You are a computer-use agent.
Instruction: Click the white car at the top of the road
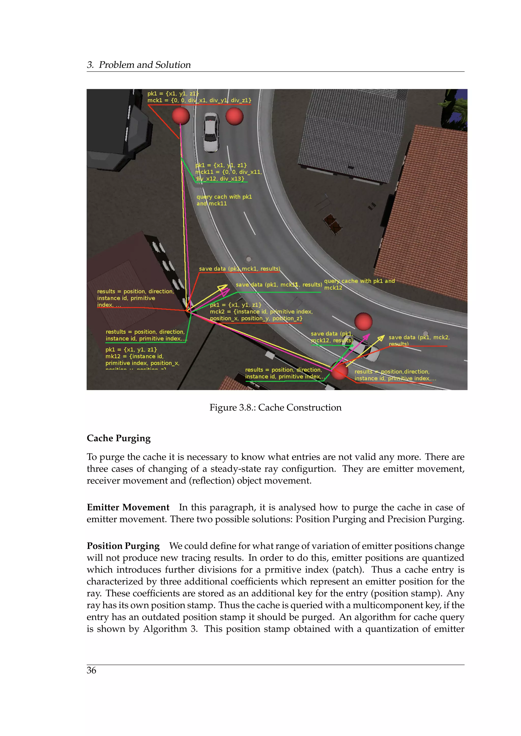click(x=211, y=132)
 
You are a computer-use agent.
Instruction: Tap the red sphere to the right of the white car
click(x=235, y=116)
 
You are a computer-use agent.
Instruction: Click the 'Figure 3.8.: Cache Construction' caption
click(x=275, y=407)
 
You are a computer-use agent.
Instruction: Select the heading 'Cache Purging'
click(x=118, y=438)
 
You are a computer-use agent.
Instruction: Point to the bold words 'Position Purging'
click(x=123, y=546)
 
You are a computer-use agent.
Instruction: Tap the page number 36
click(x=91, y=670)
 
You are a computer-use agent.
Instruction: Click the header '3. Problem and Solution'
click(x=139, y=65)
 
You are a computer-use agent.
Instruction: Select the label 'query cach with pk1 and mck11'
click(x=224, y=200)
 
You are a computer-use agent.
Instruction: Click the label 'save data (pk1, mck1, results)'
click(x=239, y=269)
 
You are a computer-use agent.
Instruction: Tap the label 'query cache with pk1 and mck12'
click(x=359, y=284)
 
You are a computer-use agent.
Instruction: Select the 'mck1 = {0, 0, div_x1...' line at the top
click(x=199, y=100)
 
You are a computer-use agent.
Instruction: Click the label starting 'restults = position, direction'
click(x=145, y=335)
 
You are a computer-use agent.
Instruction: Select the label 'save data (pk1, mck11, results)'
click(x=279, y=285)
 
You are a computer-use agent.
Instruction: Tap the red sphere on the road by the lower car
click(x=363, y=321)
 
